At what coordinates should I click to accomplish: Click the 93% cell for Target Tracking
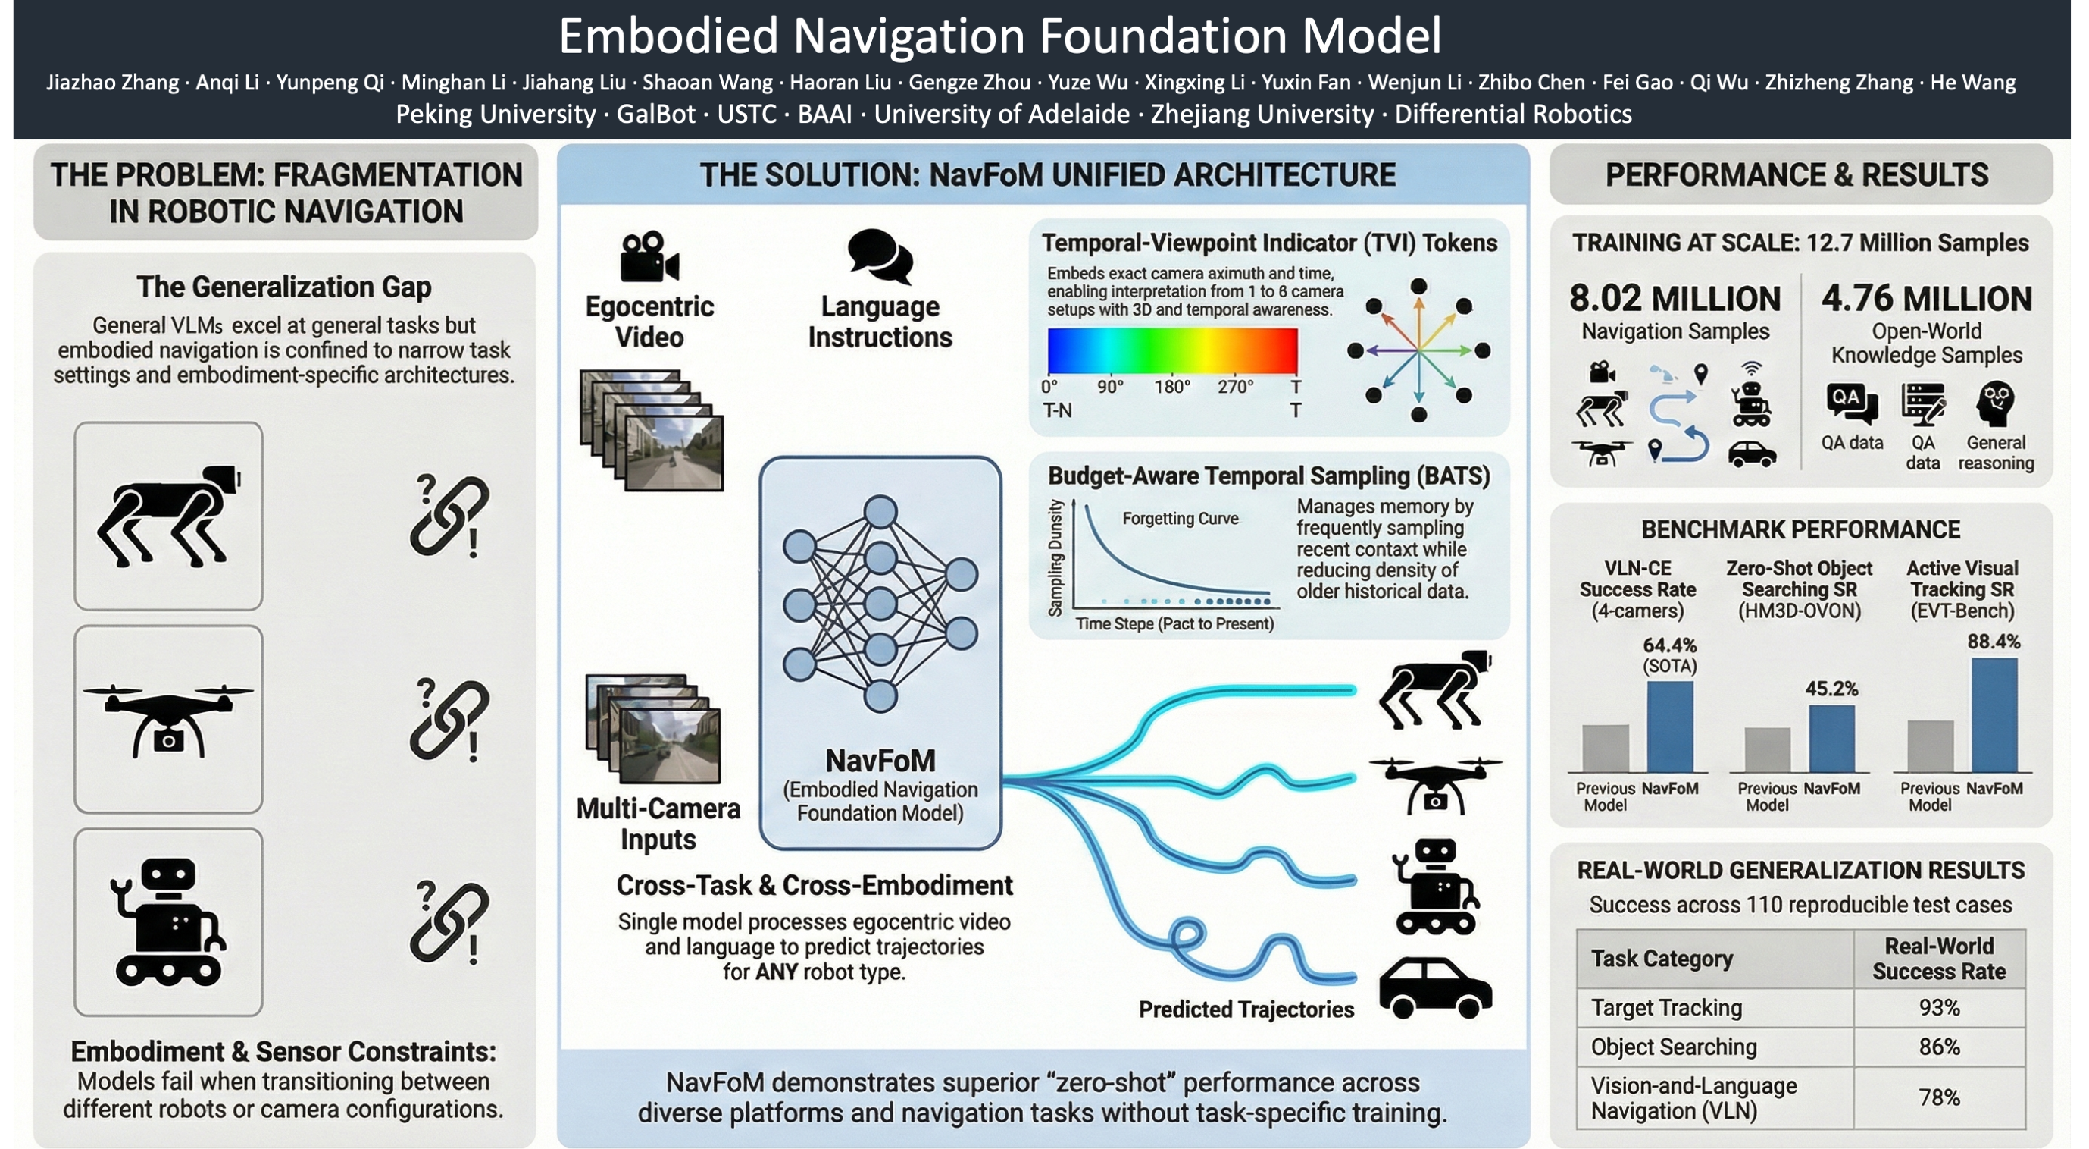click(1938, 1007)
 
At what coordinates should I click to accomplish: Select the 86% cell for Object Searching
click(1938, 1047)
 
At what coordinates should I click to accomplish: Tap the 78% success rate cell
click(1938, 1097)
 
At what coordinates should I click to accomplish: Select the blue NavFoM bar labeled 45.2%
click(1831, 738)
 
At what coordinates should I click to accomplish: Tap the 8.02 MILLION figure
click(1675, 299)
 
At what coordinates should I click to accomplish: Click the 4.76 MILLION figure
click(1926, 299)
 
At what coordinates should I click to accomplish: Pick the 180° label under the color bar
click(1172, 387)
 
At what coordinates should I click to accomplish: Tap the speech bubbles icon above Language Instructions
click(880, 256)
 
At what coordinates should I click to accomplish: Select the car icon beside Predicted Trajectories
click(1434, 987)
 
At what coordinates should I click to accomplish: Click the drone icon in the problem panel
click(168, 718)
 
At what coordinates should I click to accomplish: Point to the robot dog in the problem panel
click(168, 515)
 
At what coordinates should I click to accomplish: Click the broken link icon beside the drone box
click(449, 719)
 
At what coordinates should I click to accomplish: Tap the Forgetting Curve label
click(1180, 519)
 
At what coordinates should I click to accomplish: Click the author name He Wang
click(1972, 83)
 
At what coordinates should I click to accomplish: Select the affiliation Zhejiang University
click(1262, 114)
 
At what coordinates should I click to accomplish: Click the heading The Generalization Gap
click(284, 287)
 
